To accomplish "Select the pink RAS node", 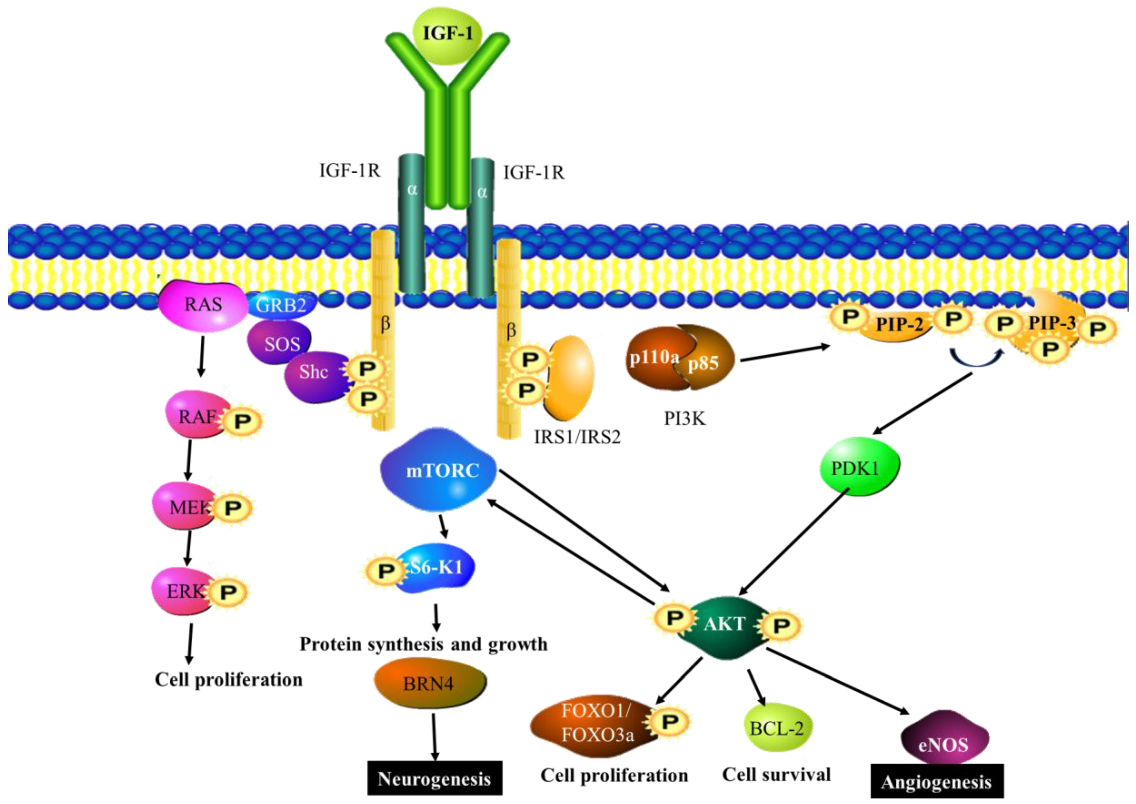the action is coord(203,304).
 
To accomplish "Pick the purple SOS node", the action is coord(280,343).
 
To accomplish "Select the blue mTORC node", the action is coord(438,469).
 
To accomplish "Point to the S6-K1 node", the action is coord(434,568).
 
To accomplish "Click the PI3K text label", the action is coord(684,419).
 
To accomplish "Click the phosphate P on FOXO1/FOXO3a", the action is coord(670,722).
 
